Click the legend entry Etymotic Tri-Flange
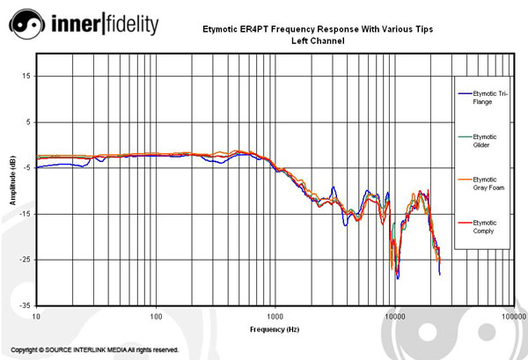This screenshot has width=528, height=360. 485,97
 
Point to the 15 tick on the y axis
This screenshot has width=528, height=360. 26,76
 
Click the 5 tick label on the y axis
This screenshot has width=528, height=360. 27,121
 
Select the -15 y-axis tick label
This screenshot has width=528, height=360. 25,214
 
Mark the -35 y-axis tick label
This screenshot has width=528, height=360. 25,305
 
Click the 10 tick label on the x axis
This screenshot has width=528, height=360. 36,315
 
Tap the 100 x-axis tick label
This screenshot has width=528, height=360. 156,315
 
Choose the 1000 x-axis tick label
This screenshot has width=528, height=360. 275,315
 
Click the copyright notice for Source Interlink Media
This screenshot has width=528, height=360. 95,349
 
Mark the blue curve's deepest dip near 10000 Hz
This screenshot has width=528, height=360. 398,279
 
